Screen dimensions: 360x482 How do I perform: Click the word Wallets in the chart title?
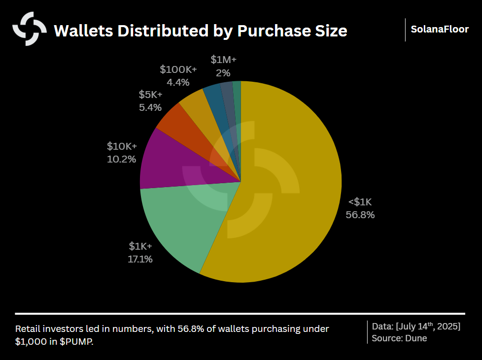click(81, 31)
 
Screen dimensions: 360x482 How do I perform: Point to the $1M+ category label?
click(224, 60)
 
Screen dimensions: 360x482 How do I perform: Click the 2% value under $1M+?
click(223, 72)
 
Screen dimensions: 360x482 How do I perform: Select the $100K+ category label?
click(178, 69)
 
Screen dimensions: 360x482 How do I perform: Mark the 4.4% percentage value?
click(178, 82)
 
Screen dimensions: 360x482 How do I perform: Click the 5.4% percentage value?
click(150, 107)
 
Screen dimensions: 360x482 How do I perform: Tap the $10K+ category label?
click(122, 146)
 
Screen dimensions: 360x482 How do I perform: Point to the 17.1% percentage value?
click(140, 259)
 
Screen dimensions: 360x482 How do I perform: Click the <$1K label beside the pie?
click(360, 202)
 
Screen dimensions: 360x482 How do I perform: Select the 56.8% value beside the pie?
click(360, 215)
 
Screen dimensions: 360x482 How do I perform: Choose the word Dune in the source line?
click(417, 338)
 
